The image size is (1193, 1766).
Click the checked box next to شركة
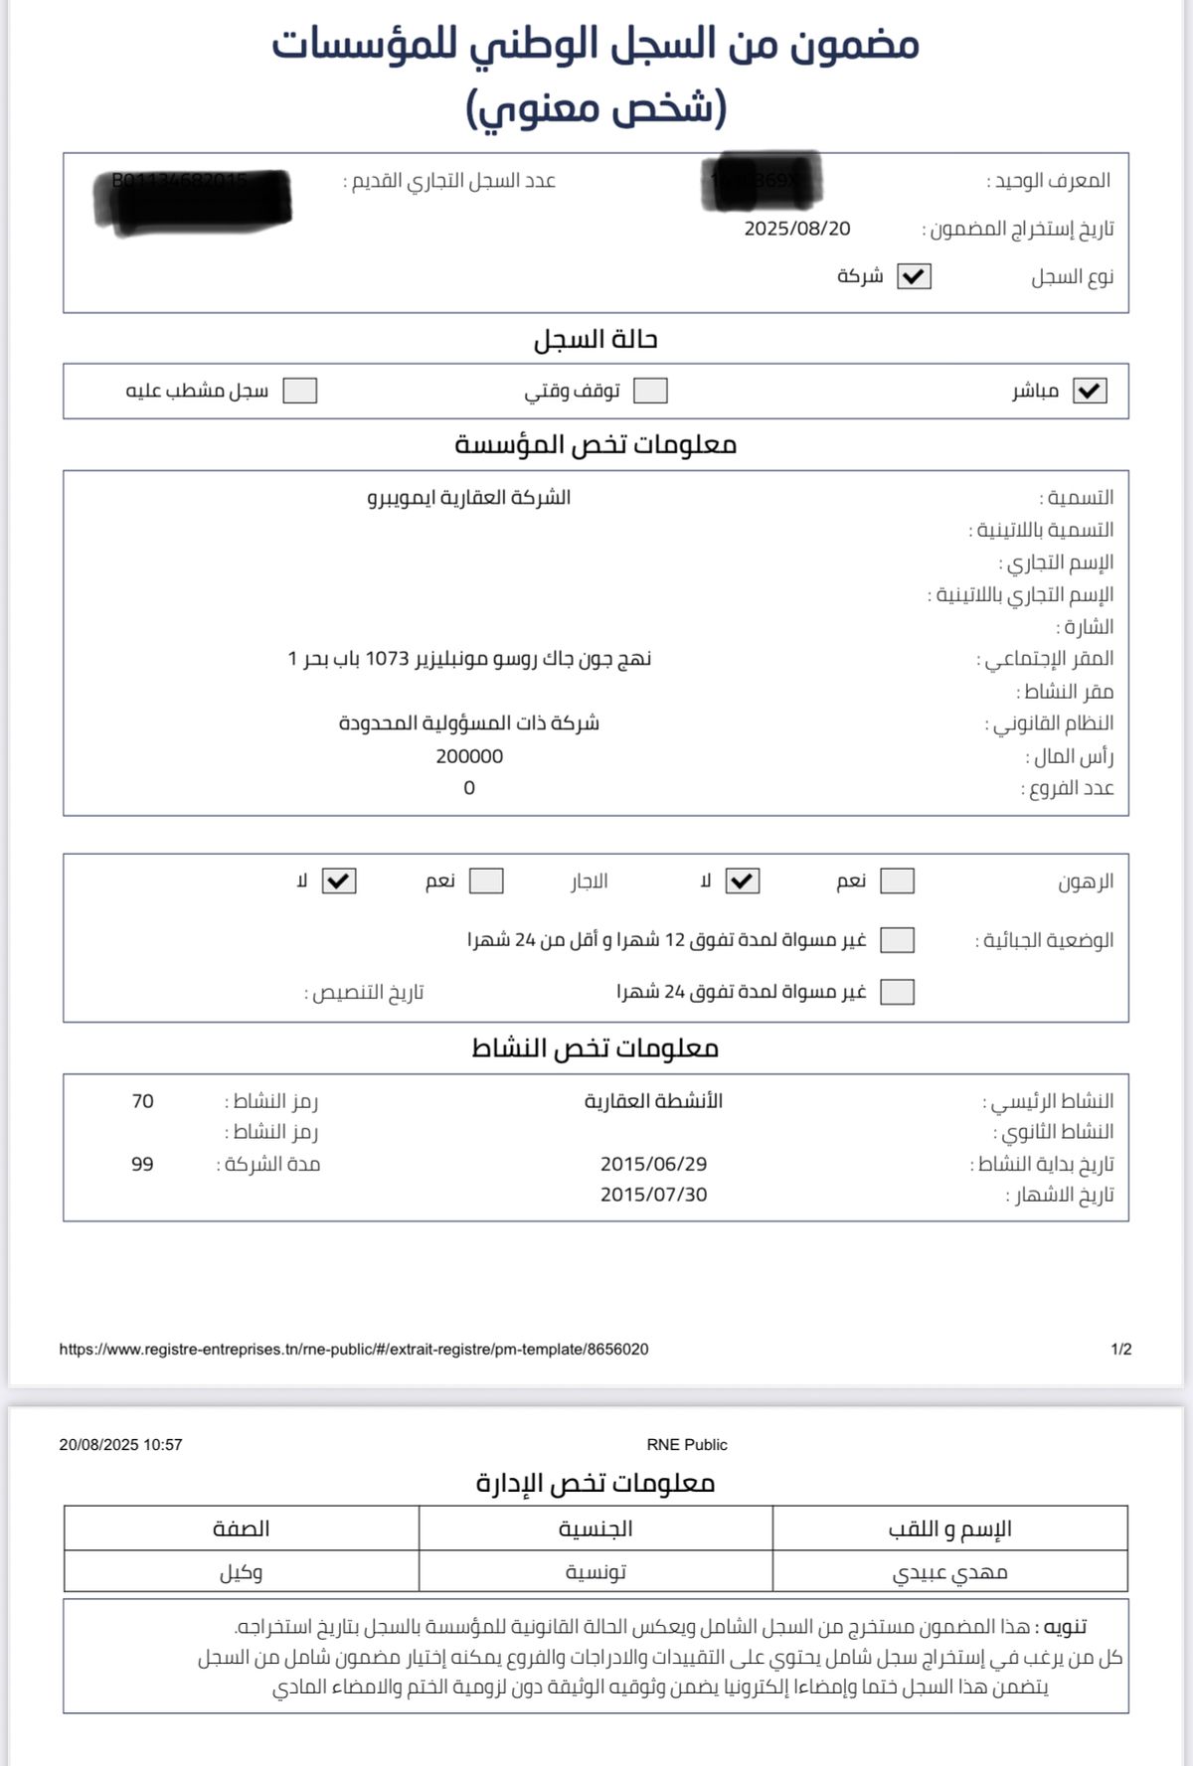pyautogui.click(x=914, y=277)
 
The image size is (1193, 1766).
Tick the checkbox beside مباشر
pyautogui.click(x=1090, y=391)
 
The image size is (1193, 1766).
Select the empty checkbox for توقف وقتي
pyautogui.click(x=650, y=391)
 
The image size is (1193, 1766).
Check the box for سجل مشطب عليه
pyautogui.click(x=299, y=391)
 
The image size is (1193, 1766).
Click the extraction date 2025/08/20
pyautogui.click(x=797, y=229)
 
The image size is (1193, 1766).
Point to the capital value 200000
pyautogui.click(x=469, y=756)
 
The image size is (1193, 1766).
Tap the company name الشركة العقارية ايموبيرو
pyautogui.click(x=469, y=497)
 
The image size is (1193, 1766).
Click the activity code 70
pyautogui.click(x=142, y=1101)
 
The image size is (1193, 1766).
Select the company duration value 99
pyautogui.click(x=142, y=1164)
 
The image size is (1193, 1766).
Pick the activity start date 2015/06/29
pyautogui.click(x=653, y=1164)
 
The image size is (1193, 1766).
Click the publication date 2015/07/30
pyautogui.click(x=653, y=1195)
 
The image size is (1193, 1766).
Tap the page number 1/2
pyautogui.click(x=1121, y=1350)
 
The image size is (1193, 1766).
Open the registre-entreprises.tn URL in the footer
pyautogui.click(x=354, y=1350)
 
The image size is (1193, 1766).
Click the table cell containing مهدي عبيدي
pyautogui.click(x=949, y=1572)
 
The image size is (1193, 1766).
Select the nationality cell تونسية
pyautogui.click(x=596, y=1572)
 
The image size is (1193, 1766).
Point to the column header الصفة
pyautogui.click(x=241, y=1528)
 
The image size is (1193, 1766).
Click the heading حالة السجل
pyautogui.click(x=596, y=340)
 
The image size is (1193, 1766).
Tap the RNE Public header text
pyautogui.click(x=687, y=1445)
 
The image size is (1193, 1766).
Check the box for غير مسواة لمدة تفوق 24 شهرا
pyautogui.click(x=897, y=992)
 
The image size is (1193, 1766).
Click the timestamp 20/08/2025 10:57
pyautogui.click(x=121, y=1445)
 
